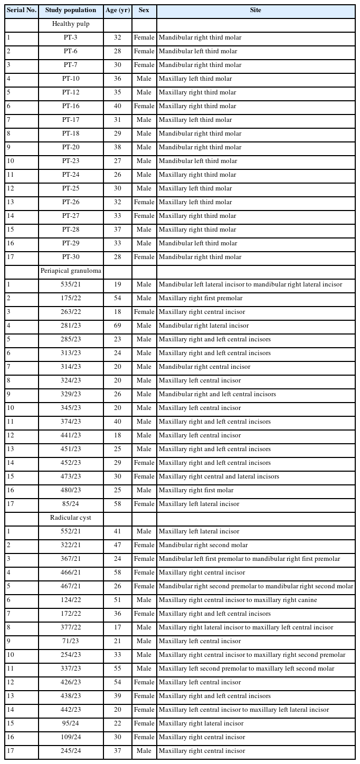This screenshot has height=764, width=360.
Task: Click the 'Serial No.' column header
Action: pyautogui.click(x=21, y=10)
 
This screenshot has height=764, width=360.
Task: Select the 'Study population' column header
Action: pyautogui.click(x=71, y=10)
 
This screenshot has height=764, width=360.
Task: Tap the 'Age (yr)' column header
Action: pyautogui.click(x=117, y=10)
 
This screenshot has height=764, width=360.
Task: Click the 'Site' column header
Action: pyautogui.click(x=255, y=10)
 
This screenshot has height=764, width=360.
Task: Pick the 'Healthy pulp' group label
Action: pyautogui.click(x=71, y=24)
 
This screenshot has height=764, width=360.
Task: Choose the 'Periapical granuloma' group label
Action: pyautogui.click(x=71, y=271)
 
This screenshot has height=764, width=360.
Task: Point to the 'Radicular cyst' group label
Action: pyautogui.click(x=71, y=518)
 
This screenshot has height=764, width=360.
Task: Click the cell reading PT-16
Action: pyautogui.click(x=71, y=106)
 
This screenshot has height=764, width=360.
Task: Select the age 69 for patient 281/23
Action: pyautogui.click(x=117, y=326)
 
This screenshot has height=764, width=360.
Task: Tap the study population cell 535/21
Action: pyautogui.click(x=71, y=284)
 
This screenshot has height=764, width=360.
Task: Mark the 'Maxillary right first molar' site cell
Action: pyautogui.click(x=195, y=490)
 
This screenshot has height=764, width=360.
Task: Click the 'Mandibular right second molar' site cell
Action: pyautogui.click(x=203, y=545)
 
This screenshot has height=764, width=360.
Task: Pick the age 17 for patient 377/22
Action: pyautogui.click(x=117, y=627)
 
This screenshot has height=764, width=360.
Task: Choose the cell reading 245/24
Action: pyautogui.click(x=71, y=751)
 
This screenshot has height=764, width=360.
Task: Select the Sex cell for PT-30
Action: pyautogui.click(x=144, y=257)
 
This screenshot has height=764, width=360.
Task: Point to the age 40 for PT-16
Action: pyautogui.click(x=117, y=106)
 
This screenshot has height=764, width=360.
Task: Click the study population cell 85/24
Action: pyautogui.click(x=71, y=504)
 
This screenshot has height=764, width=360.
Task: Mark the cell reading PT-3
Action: pyautogui.click(x=71, y=37)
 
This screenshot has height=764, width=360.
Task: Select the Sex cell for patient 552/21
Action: pyautogui.click(x=144, y=531)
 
